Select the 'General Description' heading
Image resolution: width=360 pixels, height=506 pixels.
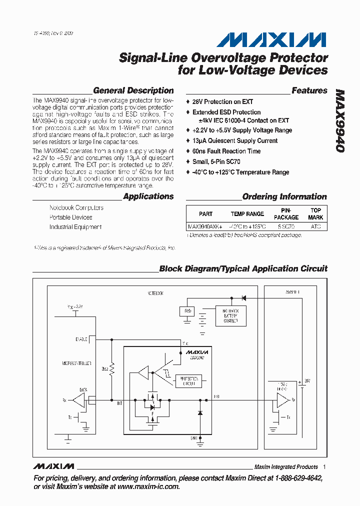coord(133,90)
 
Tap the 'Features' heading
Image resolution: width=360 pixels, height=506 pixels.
coord(309,90)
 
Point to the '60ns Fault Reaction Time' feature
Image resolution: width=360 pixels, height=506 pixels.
coord(226,151)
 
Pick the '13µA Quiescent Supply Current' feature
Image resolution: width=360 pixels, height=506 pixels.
coord(234,140)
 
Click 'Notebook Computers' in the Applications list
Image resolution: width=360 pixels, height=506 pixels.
coord(76,207)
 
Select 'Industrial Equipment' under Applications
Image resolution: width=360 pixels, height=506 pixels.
coord(75,227)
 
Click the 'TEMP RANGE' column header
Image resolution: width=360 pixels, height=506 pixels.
coord(247,214)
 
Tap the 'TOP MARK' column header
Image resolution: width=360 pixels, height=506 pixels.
coord(315,214)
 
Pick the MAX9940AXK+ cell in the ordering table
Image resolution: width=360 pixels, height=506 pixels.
coord(205,226)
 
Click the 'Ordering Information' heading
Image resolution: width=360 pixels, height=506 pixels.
coord(284,196)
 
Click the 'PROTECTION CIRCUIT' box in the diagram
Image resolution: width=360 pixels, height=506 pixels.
coord(187,381)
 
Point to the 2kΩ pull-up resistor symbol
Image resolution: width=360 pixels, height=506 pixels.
coord(112,370)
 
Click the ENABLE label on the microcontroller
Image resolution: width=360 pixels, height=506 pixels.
coord(81,339)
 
